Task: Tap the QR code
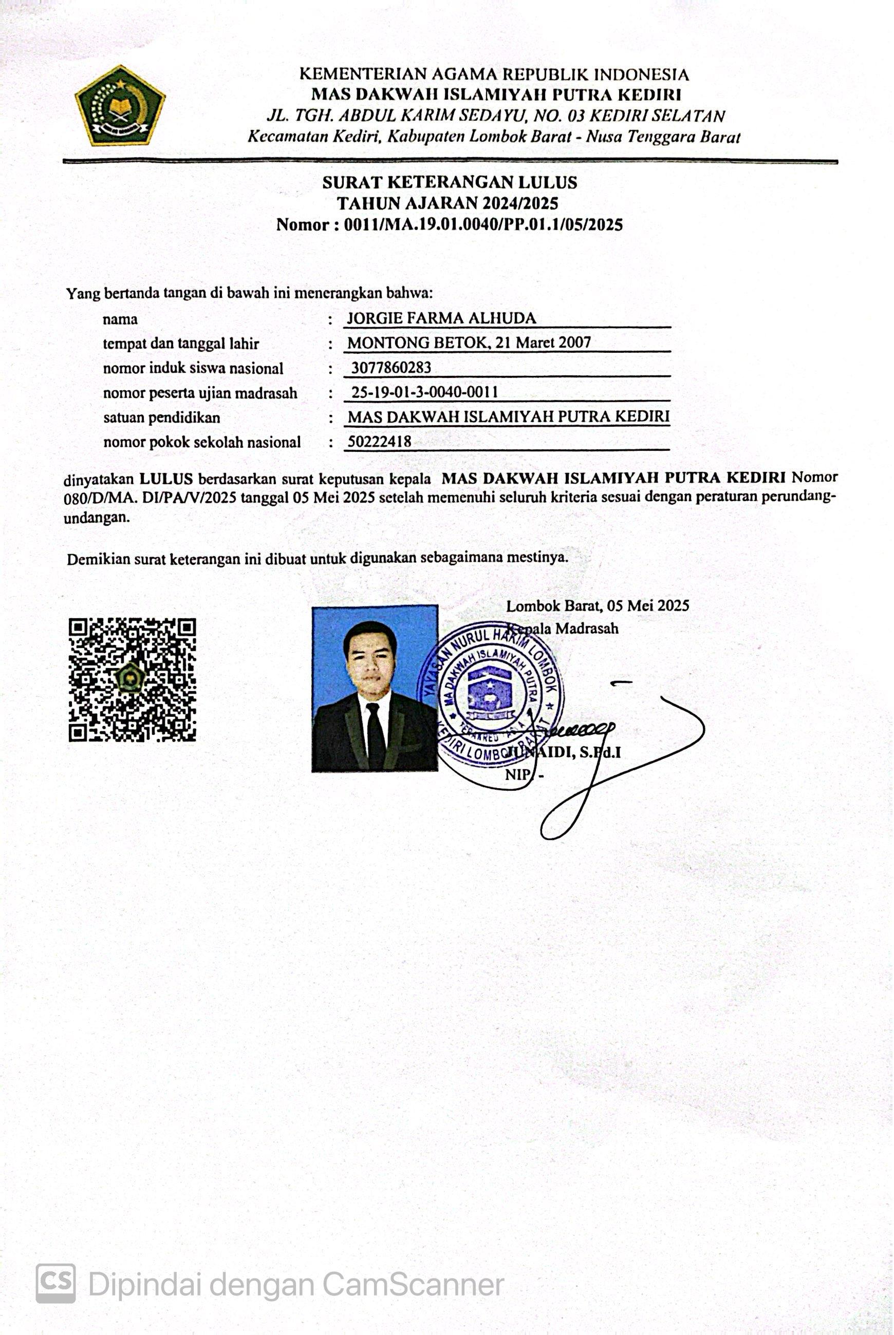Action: pos(132,680)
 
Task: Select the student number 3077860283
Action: pos(391,368)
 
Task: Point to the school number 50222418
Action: pos(379,442)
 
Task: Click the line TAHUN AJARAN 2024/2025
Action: pos(448,203)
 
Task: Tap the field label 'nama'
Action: pos(120,319)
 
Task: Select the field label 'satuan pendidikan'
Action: pos(161,417)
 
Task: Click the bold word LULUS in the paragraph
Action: pos(166,478)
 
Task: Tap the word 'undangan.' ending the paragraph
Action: pos(97,518)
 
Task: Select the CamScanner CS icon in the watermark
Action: pos(56,1283)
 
